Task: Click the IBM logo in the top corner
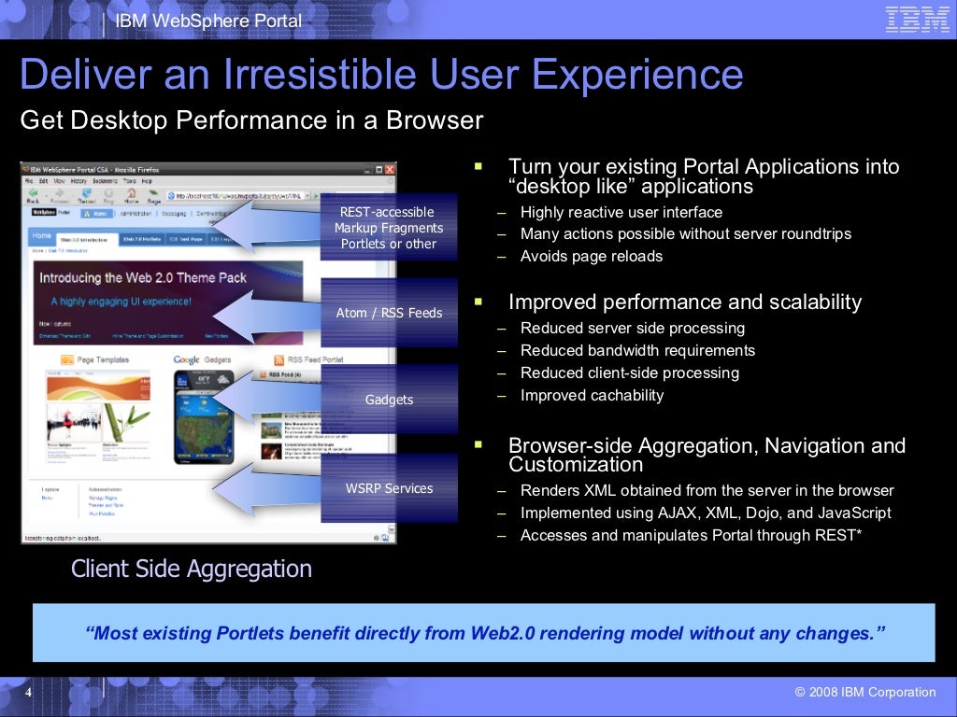click(x=917, y=20)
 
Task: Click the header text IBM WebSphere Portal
click(x=208, y=21)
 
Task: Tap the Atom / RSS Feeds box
click(x=389, y=313)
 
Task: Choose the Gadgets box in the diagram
click(x=389, y=400)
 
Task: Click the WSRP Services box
click(x=389, y=488)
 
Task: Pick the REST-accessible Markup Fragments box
click(x=389, y=228)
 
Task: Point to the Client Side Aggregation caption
click(x=192, y=569)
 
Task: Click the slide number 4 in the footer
click(x=28, y=693)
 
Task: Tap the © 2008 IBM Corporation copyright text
click(x=864, y=693)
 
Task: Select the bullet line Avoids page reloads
click(x=591, y=257)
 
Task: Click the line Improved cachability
click(x=592, y=396)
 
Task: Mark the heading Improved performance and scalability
click(x=684, y=302)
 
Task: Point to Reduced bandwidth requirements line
click(x=637, y=351)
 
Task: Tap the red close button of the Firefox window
click(x=390, y=170)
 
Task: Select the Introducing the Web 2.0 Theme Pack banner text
click(x=143, y=277)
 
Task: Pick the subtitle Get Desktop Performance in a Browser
click(x=251, y=120)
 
